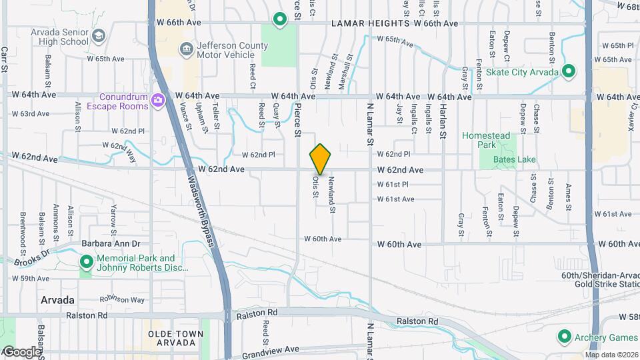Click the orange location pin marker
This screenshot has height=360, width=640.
coord(320,159)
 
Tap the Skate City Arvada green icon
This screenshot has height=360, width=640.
coord(569,71)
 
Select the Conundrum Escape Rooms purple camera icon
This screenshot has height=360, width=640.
coord(158,101)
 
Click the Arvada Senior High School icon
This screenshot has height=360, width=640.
coord(98,35)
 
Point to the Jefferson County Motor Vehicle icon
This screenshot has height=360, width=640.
coord(186,49)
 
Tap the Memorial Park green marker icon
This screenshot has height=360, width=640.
coord(86,262)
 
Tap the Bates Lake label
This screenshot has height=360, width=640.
coord(514,160)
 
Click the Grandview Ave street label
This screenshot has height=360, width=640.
coord(270,350)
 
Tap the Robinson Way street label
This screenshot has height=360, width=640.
coord(123,300)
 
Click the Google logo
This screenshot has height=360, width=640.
coord(21,351)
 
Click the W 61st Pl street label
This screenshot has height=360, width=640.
coord(392,184)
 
